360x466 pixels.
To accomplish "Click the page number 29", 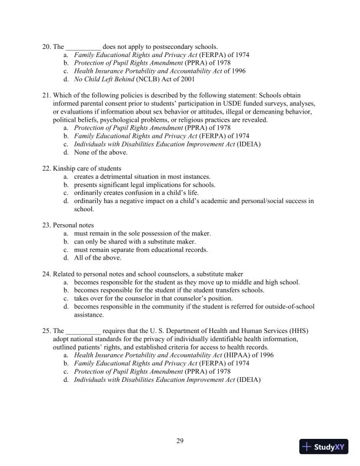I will click(x=180, y=441).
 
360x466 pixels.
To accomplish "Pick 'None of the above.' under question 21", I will click(x=101, y=152).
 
